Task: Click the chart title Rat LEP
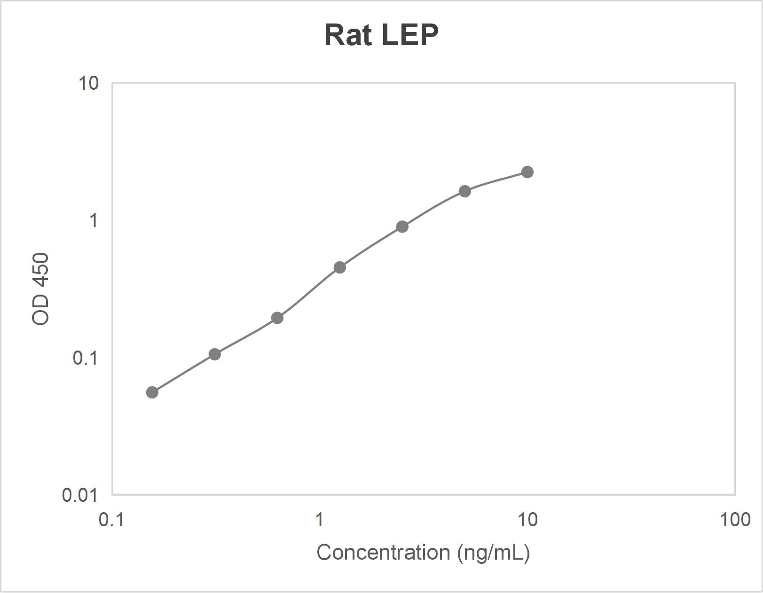[x=381, y=35]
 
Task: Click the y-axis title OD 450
[x=40, y=289]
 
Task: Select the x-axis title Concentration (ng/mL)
[x=423, y=552]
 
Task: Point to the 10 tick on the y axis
[x=88, y=83]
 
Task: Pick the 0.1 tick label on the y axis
[x=85, y=358]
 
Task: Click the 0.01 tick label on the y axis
[x=80, y=495]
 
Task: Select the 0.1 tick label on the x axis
[x=111, y=520]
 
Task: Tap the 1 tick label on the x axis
[x=319, y=520]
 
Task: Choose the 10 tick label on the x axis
[x=527, y=520]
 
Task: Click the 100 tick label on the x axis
[x=735, y=520]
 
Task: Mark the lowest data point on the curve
[x=152, y=392]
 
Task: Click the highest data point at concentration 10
[x=527, y=172]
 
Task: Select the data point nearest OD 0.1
[x=214, y=354]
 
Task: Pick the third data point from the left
[x=277, y=318]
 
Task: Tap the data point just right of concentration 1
[x=339, y=267]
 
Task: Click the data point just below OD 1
[x=402, y=227]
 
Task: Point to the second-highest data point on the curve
[x=464, y=191]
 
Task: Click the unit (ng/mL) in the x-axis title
[x=494, y=552]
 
